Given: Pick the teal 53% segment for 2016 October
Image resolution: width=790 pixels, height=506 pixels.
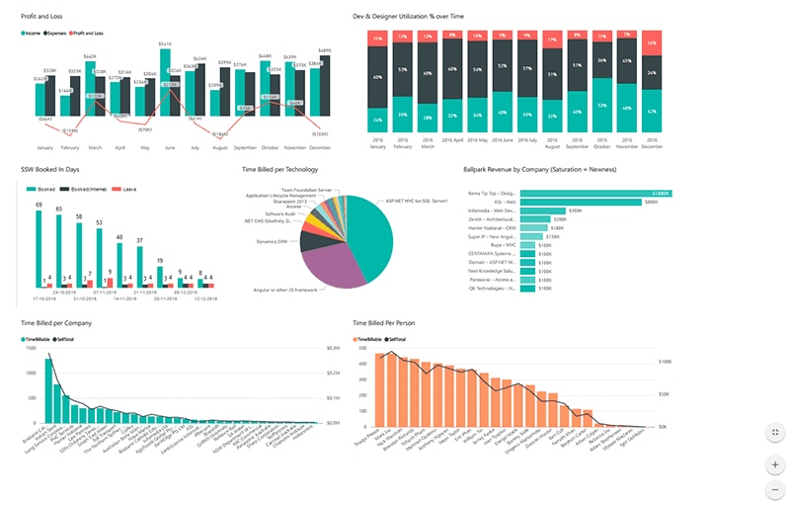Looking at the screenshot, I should click(x=601, y=105).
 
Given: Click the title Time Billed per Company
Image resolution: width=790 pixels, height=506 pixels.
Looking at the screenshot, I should click(x=56, y=322).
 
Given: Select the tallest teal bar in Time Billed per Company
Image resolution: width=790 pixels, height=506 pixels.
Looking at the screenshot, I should click(x=47, y=393).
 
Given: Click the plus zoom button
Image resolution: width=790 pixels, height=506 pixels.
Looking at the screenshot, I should click(x=774, y=464).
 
